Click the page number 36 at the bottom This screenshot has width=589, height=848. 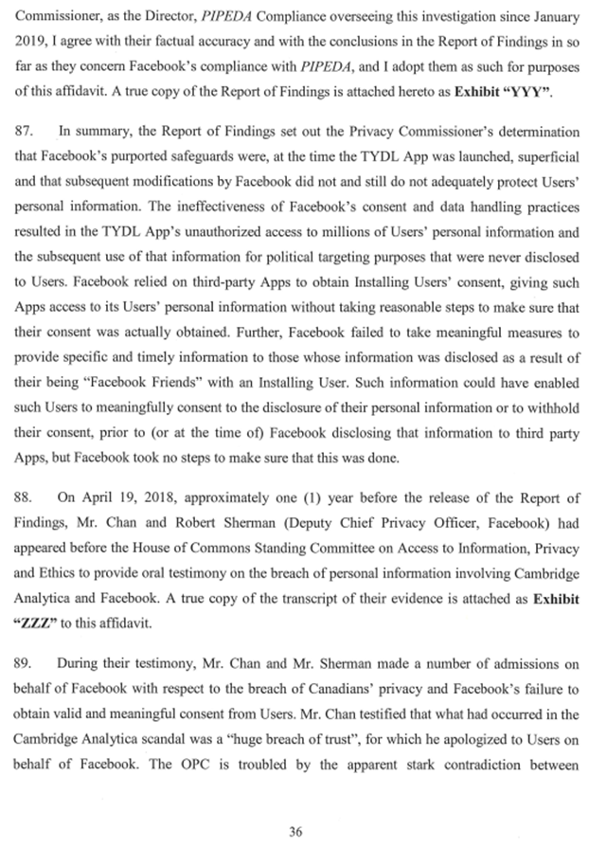(x=294, y=805)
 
